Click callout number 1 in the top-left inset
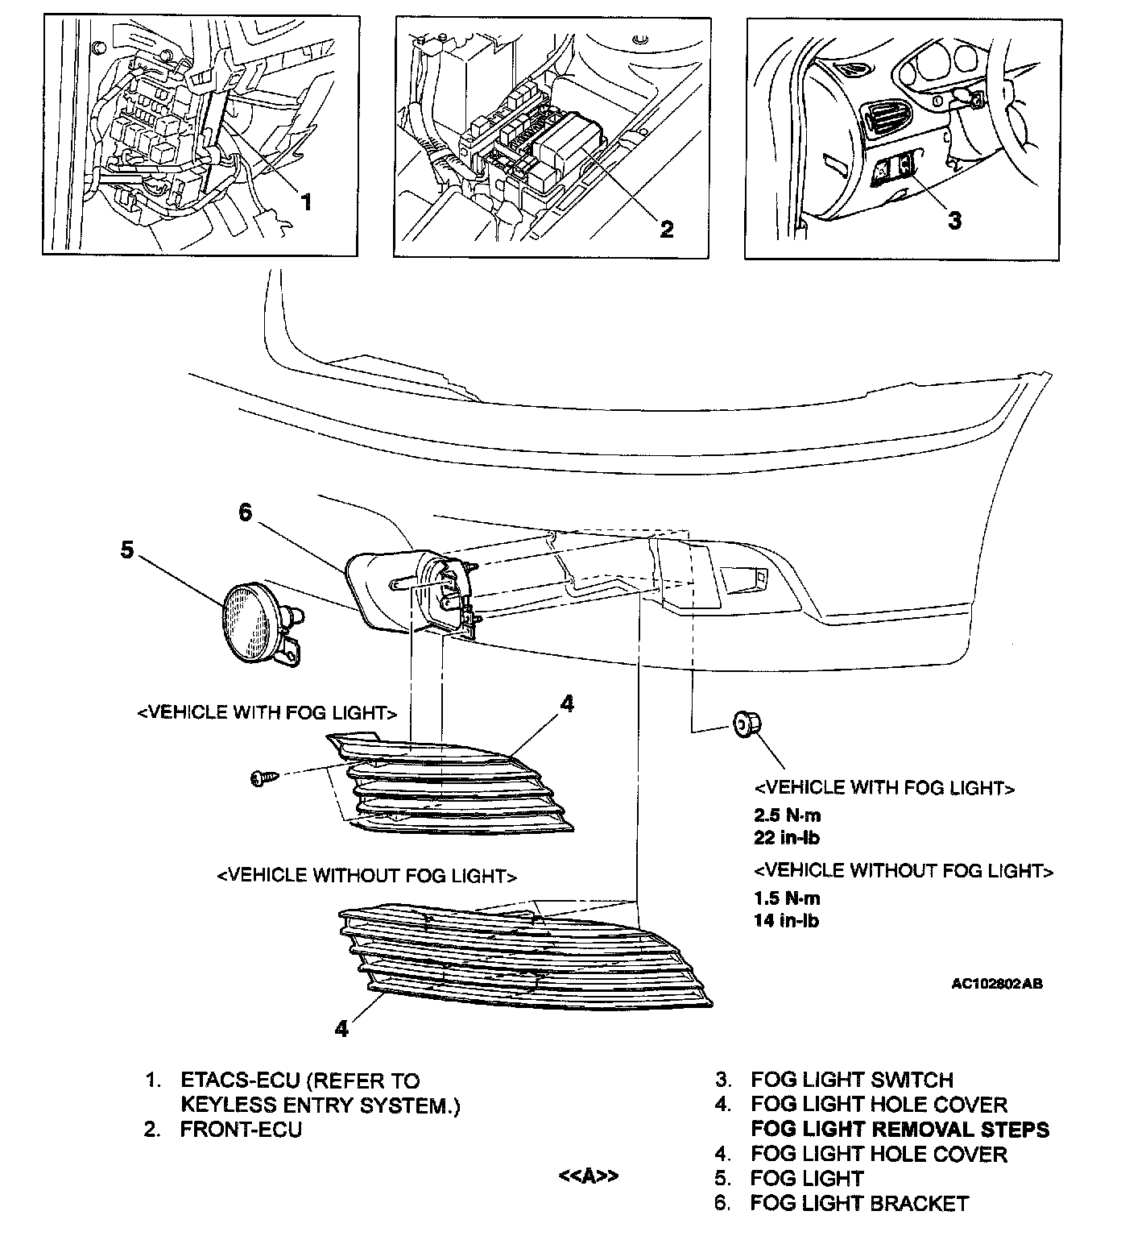tap(305, 201)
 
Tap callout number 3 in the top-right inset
tap(954, 219)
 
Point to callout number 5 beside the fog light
tap(127, 550)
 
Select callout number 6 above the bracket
tap(246, 512)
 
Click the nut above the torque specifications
tap(744, 725)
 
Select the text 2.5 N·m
tap(787, 815)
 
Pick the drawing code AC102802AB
tap(997, 984)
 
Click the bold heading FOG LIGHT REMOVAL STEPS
tap(900, 1129)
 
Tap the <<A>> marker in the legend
tap(589, 1176)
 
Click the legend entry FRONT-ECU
tap(241, 1129)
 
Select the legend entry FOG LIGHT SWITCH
tap(852, 1080)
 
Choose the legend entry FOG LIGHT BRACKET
tap(859, 1204)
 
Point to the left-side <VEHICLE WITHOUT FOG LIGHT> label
tap(366, 876)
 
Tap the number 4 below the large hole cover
tap(342, 1029)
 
